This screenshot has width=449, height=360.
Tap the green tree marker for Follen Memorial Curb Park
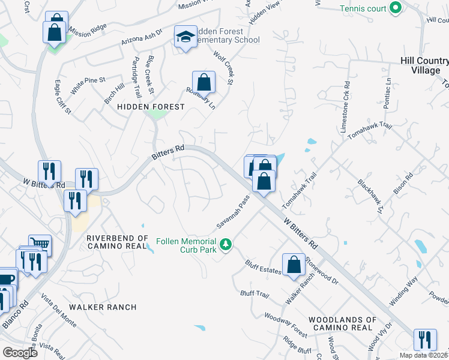[226, 244]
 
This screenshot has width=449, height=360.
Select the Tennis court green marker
[395, 8]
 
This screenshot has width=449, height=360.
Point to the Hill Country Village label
[424, 65]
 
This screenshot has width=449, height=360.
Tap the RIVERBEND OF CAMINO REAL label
[116, 242]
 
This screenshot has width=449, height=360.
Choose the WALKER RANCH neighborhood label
[103, 307]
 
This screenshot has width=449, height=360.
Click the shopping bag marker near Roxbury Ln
[203, 81]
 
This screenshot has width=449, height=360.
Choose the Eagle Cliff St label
[63, 97]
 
